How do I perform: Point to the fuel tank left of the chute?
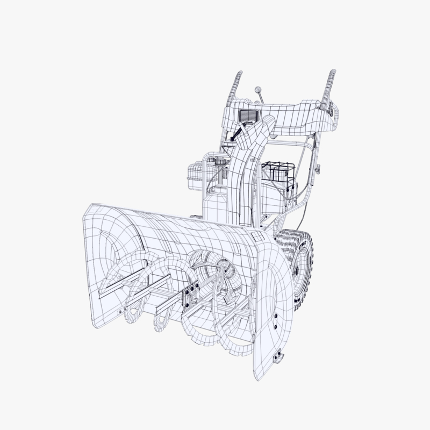click(x=196, y=173)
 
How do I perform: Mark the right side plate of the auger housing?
click(x=274, y=301)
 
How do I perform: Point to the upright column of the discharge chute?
click(x=239, y=183)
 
